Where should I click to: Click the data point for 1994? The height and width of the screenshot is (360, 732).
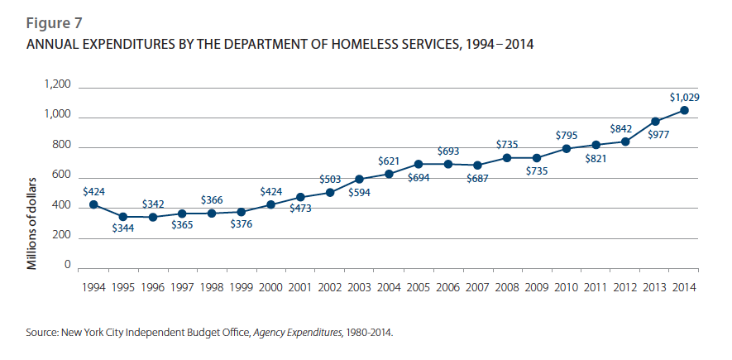click(x=93, y=204)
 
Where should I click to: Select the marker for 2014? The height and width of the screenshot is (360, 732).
click(x=685, y=110)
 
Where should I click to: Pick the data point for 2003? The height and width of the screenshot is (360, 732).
click(x=360, y=179)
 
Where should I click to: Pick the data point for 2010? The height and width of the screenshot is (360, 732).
click(x=567, y=149)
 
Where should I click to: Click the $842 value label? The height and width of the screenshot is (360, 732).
click(x=625, y=128)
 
